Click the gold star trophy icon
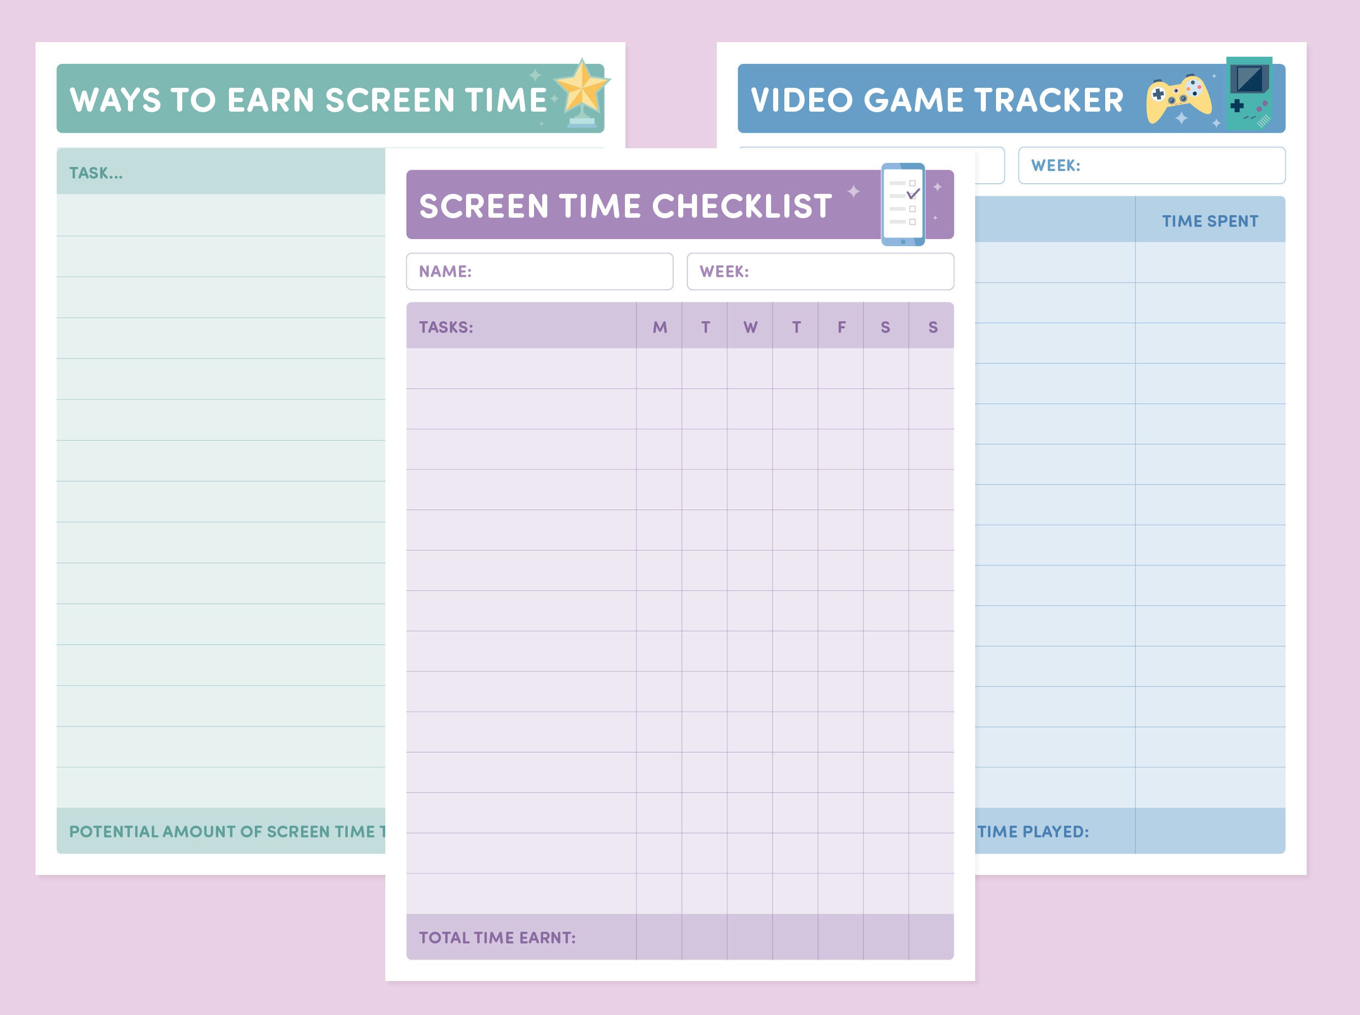click(581, 92)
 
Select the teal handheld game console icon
click(1249, 93)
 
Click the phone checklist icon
click(903, 205)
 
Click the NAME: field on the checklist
click(539, 272)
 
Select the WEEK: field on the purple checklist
click(820, 272)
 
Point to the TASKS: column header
click(446, 327)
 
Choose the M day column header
click(659, 327)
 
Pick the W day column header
click(750, 327)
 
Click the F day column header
click(841, 327)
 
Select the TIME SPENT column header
click(1209, 221)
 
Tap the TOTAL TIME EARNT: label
click(497, 937)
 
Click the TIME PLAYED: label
click(1033, 831)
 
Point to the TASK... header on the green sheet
click(96, 173)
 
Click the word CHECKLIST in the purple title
click(742, 206)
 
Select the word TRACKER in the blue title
click(1048, 100)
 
